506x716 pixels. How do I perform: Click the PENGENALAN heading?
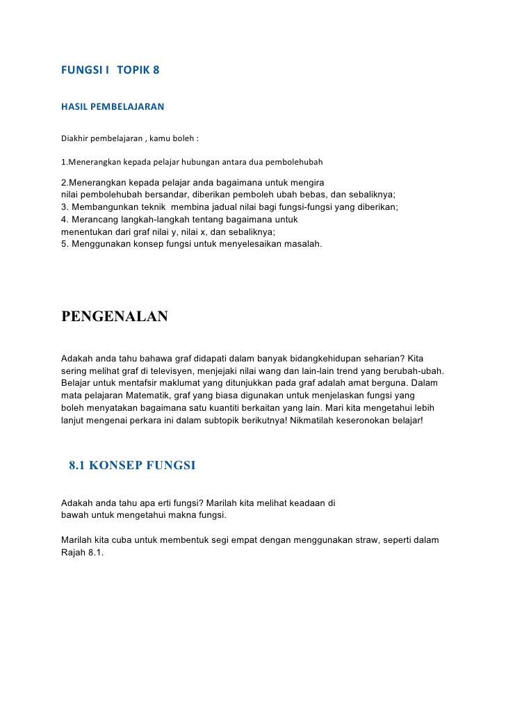pos(115,317)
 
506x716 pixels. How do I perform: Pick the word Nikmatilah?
pos(308,421)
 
